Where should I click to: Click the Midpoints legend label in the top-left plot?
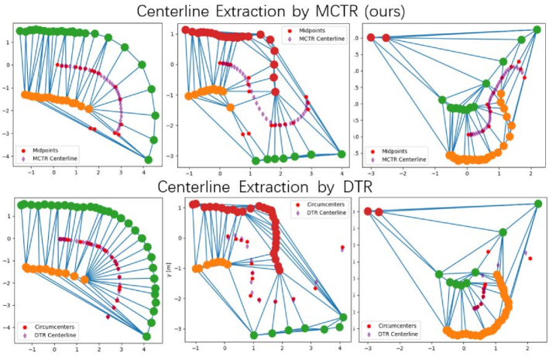pos(50,146)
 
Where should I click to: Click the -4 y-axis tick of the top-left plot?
pos(9,159)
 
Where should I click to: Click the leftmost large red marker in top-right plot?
pos(370,37)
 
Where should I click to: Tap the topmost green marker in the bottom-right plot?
pos(538,204)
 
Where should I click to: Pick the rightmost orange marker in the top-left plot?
pos(90,109)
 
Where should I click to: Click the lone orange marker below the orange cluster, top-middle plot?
pos(230,107)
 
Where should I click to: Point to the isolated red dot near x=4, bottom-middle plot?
pos(341,248)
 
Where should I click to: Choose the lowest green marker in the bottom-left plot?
pos(147,336)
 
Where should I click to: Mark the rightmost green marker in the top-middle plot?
pos(341,154)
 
